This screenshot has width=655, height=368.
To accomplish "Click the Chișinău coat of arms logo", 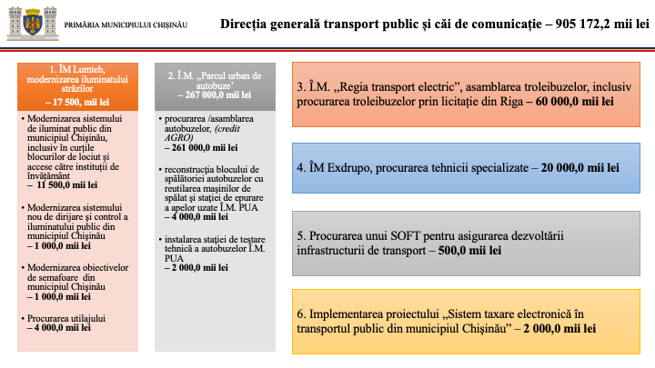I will (32, 21).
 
